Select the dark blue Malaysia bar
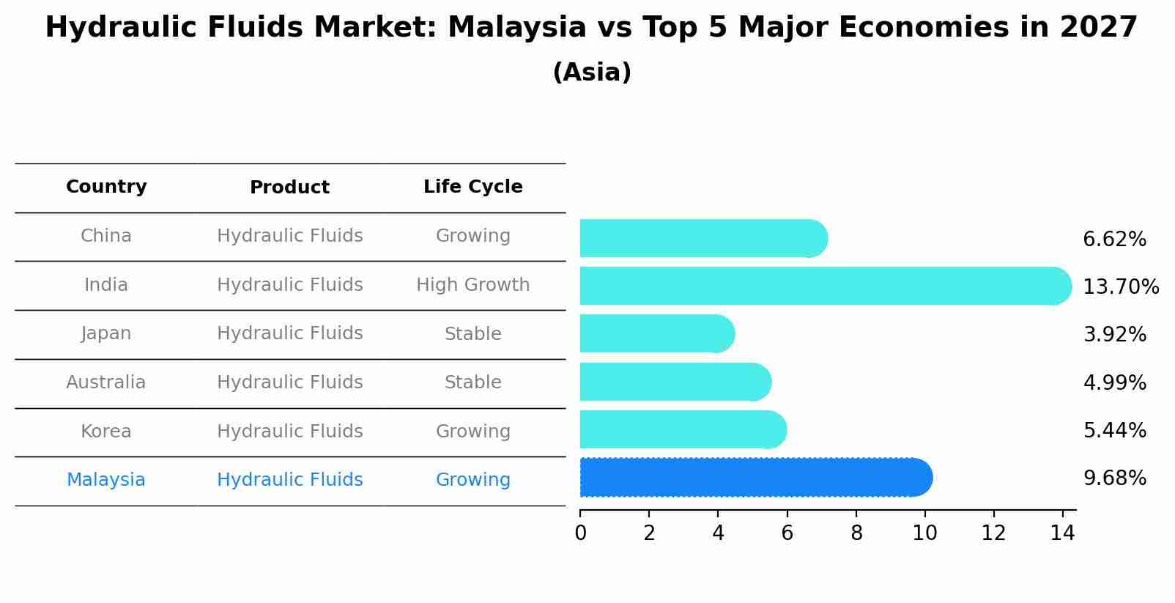pyautogui.click(x=755, y=478)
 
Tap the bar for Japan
pyautogui.click(x=656, y=334)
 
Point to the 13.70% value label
pyautogui.click(x=1120, y=286)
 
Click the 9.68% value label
pyautogui.click(x=1114, y=478)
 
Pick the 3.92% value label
pyautogui.click(x=1114, y=335)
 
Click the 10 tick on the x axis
pyautogui.click(x=924, y=533)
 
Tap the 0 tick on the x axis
pyautogui.click(x=580, y=533)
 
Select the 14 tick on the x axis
pyautogui.click(x=1062, y=533)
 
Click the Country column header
pyautogui.click(x=106, y=187)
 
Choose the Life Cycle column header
pyautogui.click(x=472, y=187)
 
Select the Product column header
pyautogui.click(x=289, y=188)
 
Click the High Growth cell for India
pyautogui.click(x=472, y=285)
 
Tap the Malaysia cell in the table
pyautogui.click(x=106, y=480)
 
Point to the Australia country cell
pyautogui.click(x=106, y=382)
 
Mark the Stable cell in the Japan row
pyautogui.click(x=472, y=334)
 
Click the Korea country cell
pyautogui.click(x=106, y=432)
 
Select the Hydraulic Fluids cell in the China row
pyautogui.click(x=289, y=236)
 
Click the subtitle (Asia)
pyautogui.click(x=592, y=73)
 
